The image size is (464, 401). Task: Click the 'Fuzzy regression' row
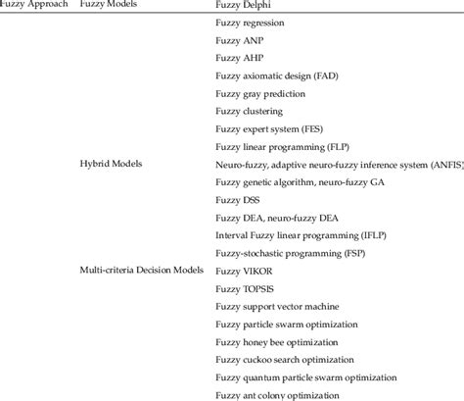click(251, 24)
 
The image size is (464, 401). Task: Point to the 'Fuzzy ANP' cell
click(240, 41)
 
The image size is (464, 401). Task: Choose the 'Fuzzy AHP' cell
click(240, 59)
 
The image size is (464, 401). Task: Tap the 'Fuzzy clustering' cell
click(251, 112)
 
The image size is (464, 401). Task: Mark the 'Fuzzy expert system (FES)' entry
click(270, 129)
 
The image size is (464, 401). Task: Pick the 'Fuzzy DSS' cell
click(239, 200)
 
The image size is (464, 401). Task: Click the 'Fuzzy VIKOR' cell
click(245, 271)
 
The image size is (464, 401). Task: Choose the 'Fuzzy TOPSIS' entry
click(247, 288)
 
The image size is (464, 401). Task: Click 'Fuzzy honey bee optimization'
click(278, 341)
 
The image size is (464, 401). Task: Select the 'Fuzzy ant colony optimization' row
click(278, 394)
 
